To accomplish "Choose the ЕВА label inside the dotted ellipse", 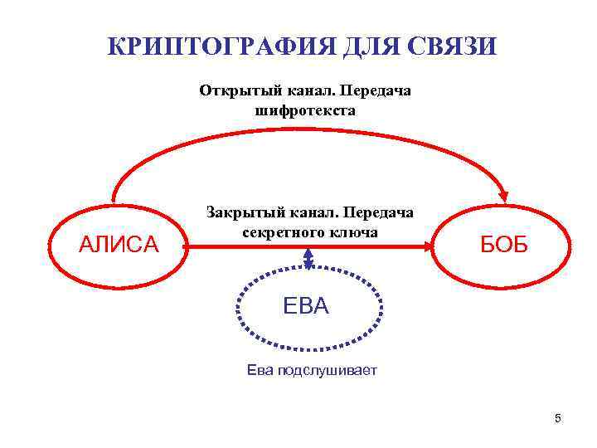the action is pos(306,306).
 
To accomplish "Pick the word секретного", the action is pos(287,232).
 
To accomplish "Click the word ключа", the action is pos(356,232).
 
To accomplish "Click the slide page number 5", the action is pos(558,418).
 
